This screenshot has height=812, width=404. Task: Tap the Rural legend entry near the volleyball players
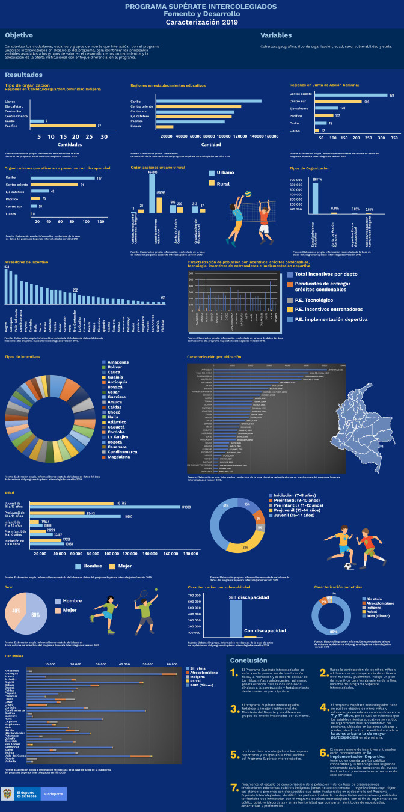coord(222,183)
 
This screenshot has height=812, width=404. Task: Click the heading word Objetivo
coord(19,35)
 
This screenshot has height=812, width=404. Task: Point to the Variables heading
coord(275,35)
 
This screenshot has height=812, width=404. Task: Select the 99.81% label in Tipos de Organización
coord(316,179)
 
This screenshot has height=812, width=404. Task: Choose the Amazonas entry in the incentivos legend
coord(117,362)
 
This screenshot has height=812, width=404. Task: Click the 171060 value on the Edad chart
coord(186,508)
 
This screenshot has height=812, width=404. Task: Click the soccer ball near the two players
coord(348,565)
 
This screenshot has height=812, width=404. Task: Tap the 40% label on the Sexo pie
coord(16,611)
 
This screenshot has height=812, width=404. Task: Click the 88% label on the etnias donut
coord(334,632)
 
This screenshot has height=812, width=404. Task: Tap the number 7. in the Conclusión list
coord(234,787)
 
